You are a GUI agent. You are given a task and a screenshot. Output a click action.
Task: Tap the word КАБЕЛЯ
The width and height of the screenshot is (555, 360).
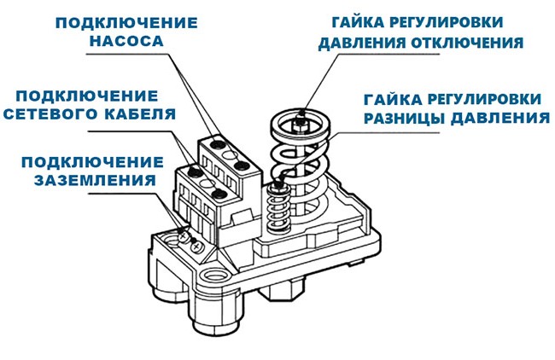pyautogui.click(x=133, y=113)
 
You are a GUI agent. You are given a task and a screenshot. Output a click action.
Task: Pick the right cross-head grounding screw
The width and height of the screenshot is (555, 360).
pyautogui.click(x=198, y=245)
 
